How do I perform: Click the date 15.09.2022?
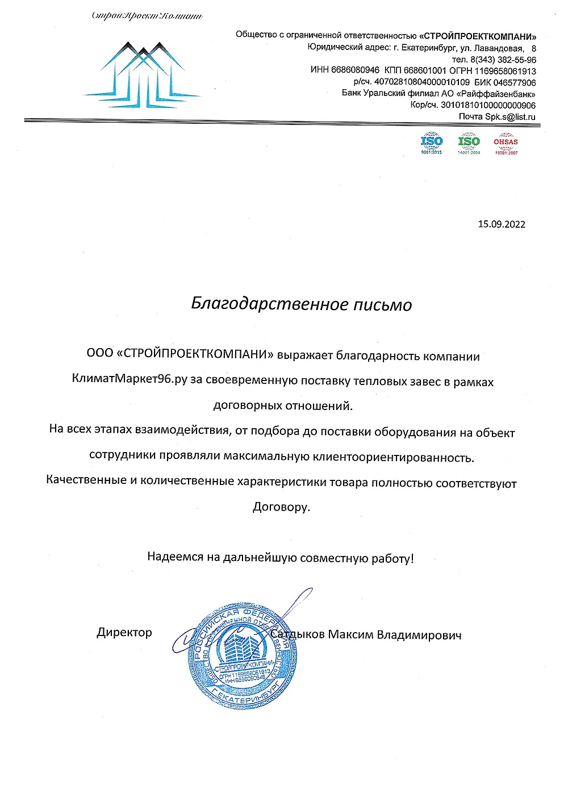click(x=501, y=224)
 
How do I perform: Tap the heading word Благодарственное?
click(x=269, y=304)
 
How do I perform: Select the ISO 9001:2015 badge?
click(x=432, y=144)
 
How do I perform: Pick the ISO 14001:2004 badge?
click(x=469, y=144)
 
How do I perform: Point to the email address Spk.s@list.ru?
click(x=510, y=116)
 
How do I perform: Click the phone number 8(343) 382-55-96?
click(x=503, y=60)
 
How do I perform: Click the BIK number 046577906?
click(x=514, y=82)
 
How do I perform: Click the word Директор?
click(x=124, y=632)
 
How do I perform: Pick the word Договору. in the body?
click(x=281, y=507)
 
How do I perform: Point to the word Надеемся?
click(x=175, y=557)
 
